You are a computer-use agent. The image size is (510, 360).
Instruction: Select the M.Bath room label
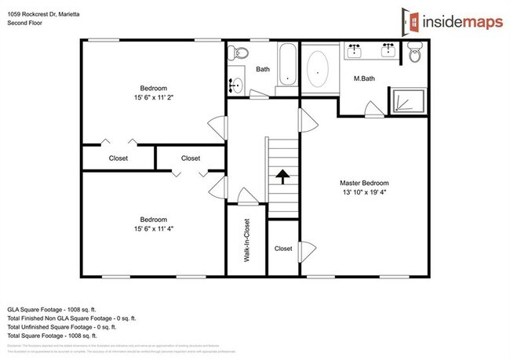click(x=362, y=79)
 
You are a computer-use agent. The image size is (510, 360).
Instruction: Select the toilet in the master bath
click(x=416, y=54)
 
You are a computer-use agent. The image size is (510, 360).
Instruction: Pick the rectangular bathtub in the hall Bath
click(x=287, y=67)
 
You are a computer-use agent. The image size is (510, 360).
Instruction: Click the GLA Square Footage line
click(x=59, y=310)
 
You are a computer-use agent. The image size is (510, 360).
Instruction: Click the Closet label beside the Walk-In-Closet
click(x=283, y=249)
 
